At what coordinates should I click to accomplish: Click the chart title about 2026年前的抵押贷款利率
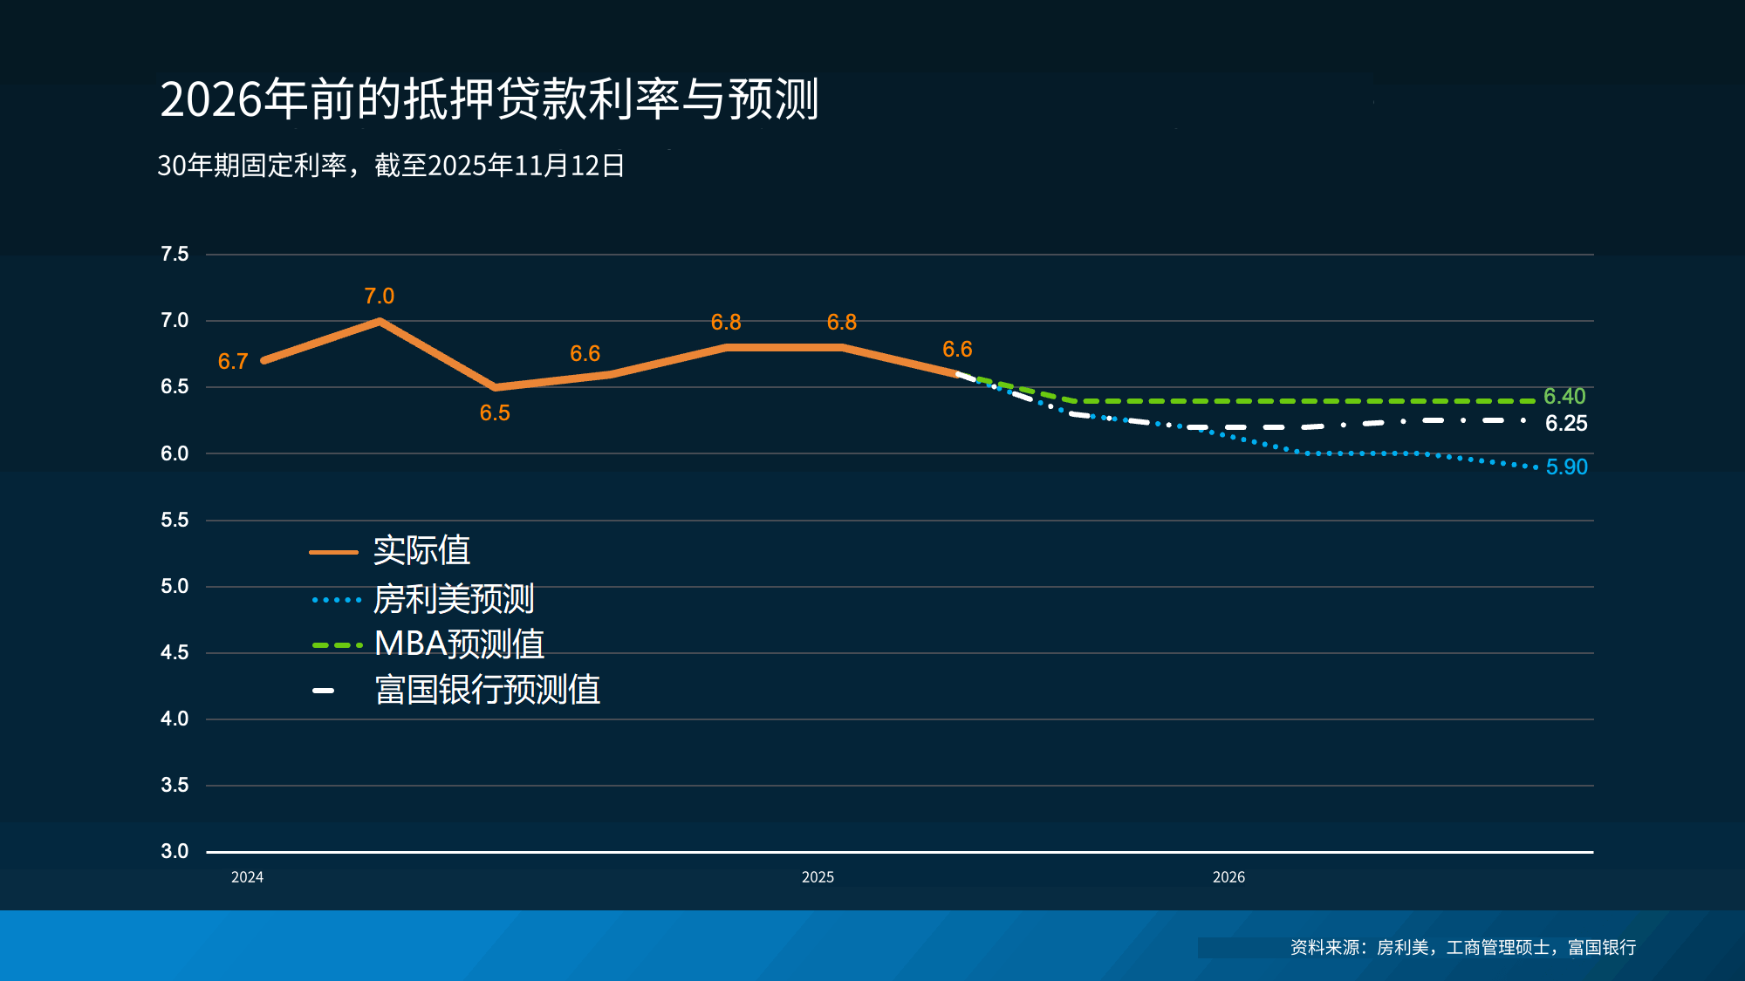(489, 99)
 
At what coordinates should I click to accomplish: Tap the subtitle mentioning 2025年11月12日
(391, 165)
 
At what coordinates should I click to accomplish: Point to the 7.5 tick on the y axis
(174, 254)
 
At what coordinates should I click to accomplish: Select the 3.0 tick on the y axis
(174, 851)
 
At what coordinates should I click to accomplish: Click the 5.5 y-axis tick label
(174, 520)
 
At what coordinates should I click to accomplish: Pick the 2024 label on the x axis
(247, 877)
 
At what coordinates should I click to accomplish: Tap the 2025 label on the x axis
(818, 877)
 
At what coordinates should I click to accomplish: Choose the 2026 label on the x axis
(1228, 877)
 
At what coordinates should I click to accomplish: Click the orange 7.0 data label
(380, 296)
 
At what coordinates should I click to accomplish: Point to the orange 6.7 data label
(233, 361)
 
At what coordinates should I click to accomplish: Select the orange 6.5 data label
(495, 413)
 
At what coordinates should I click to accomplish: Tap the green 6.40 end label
(1564, 397)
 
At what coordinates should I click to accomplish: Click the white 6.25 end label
(1566, 424)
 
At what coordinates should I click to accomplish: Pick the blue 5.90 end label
(1567, 467)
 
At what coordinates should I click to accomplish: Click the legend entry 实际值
(421, 551)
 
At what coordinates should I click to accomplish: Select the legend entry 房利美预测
(453, 599)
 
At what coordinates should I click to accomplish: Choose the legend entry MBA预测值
(459, 644)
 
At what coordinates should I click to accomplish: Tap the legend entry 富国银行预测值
(487, 690)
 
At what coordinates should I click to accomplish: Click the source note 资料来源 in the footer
(1463, 947)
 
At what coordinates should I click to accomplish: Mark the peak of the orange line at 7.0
(380, 321)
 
